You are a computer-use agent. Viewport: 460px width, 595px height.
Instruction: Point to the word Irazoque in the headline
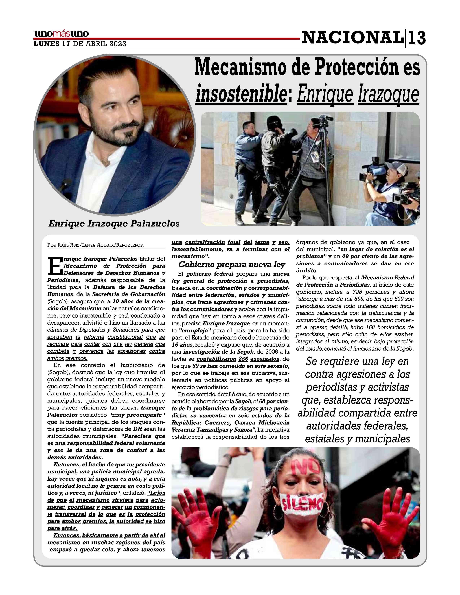pyautogui.click(x=388, y=94)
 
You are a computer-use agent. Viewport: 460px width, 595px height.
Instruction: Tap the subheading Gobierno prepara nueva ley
pyautogui.click(x=231, y=265)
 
